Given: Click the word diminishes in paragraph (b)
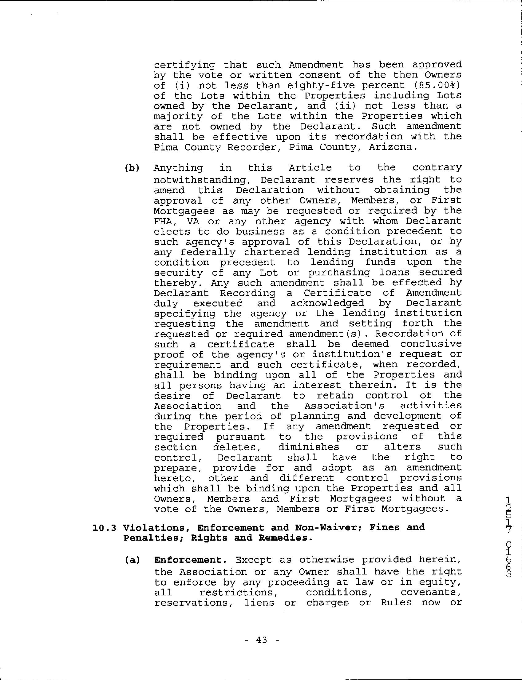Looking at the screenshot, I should pyautogui.click(x=309, y=447).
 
